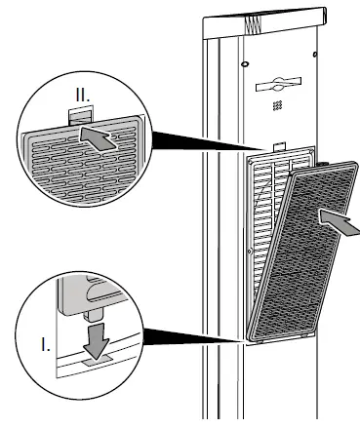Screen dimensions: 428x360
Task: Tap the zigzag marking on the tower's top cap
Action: [x=257, y=19]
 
